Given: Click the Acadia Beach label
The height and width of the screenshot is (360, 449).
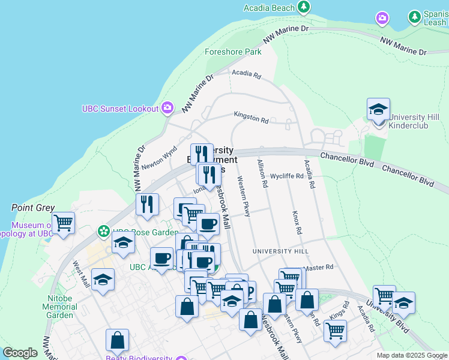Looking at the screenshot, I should point(269,8).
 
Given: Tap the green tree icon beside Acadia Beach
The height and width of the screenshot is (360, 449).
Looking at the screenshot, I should point(304,7).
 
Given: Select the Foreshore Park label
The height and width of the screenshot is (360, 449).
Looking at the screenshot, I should point(233,52).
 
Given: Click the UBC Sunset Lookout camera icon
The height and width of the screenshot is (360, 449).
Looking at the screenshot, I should point(167,108).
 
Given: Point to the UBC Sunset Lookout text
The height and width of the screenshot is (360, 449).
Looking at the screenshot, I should point(120,109).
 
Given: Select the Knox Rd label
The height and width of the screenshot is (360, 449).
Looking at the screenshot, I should point(296,223).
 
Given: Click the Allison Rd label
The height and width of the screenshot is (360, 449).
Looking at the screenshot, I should point(262,173).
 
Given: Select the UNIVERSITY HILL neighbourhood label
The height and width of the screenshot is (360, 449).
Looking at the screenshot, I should point(280,251).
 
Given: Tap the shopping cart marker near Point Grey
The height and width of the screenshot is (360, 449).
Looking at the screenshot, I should point(63,224).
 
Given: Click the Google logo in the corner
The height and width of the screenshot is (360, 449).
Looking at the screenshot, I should point(20,353).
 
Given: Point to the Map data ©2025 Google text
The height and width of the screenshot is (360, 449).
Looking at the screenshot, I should point(411,355).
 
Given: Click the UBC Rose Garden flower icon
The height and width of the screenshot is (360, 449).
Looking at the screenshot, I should point(104,231).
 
